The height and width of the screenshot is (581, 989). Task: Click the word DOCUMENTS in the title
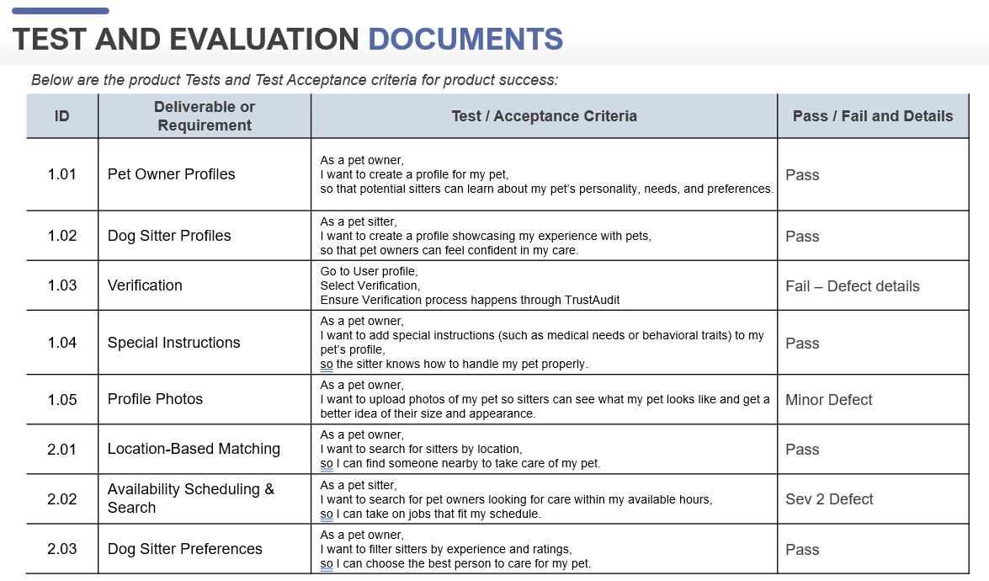pyautogui.click(x=465, y=39)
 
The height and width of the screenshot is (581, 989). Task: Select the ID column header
pyautogui.click(x=62, y=116)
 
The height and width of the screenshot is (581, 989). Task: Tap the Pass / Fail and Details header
pyautogui.click(x=873, y=116)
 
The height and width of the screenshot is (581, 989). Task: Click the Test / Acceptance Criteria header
pyautogui.click(x=544, y=116)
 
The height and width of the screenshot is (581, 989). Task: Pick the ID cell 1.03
pyautogui.click(x=62, y=285)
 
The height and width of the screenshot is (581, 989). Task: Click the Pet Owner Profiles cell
pyautogui.click(x=171, y=174)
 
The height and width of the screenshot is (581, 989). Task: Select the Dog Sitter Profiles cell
pyautogui.click(x=169, y=236)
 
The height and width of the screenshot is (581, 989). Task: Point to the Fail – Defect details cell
pyautogui.click(x=852, y=286)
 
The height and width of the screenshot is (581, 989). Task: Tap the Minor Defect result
pyautogui.click(x=828, y=400)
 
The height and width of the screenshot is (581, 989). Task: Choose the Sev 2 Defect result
pyautogui.click(x=829, y=499)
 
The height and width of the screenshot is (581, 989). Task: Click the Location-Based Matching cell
pyautogui.click(x=194, y=449)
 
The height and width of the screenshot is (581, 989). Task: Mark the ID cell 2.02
pyautogui.click(x=62, y=499)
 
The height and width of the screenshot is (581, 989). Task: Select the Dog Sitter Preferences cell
pyautogui.click(x=184, y=549)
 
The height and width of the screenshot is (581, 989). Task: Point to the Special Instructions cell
pyautogui.click(x=173, y=343)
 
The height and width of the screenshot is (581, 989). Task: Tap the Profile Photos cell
pyautogui.click(x=155, y=399)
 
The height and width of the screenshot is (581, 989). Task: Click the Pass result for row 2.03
pyautogui.click(x=802, y=550)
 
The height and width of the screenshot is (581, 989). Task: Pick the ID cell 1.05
pyautogui.click(x=62, y=400)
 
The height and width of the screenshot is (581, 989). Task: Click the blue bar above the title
pyautogui.click(x=61, y=11)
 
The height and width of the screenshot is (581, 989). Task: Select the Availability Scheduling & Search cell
pyautogui.click(x=190, y=498)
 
